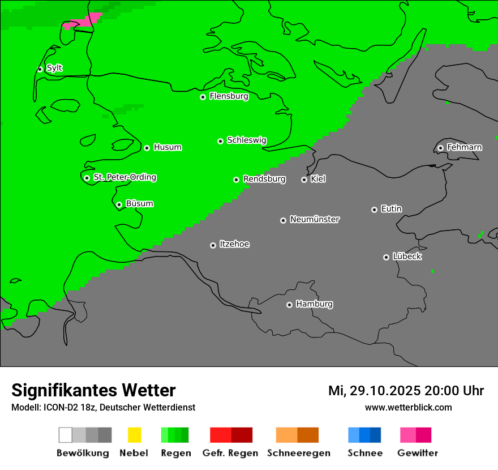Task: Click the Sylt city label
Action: pyautogui.click(x=54, y=69)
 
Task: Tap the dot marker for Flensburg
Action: pyautogui.click(x=203, y=97)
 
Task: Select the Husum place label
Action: pyautogui.click(x=168, y=148)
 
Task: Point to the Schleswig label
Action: pyautogui.click(x=246, y=140)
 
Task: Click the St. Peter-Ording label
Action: pyautogui.click(x=124, y=178)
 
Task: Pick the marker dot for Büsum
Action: pyautogui.click(x=119, y=204)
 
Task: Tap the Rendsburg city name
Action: pyautogui.click(x=264, y=180)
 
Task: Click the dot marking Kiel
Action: pyautogui.click(x=304, y=180)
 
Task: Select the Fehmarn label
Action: pyautogui.click(x=464, y=148)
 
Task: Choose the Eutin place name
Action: pyautogui.click(x=391, y=209)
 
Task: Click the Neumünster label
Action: pyautogui.click(x=315, y=220)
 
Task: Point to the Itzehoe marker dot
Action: pyautogui.click(x=213, y=245)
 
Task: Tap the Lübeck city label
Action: pyautogui.click(x=407, y=257)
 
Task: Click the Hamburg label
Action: pyautogui.click(x=314, y=304)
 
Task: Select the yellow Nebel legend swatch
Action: pyautogui.click(x=134, y=435)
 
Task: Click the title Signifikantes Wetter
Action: pyautogui.click(x=93, y=390)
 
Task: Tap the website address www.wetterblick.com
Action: pyautogui.click(x=408, y=407)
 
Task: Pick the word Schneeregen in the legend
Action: pyautogui.click(x=299, y=453)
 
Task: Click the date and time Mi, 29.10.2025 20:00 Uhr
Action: pyautogui.click(x=406, y=391)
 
